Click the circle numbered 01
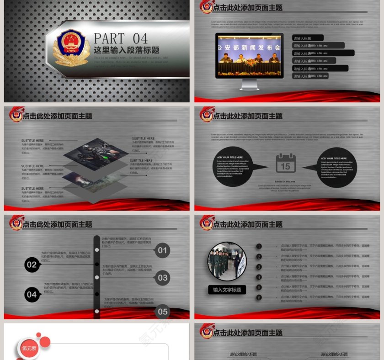163,250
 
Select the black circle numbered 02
32,265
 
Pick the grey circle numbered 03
163,277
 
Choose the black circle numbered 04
32,295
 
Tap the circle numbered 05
163,312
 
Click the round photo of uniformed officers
227,262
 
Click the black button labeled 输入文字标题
227,290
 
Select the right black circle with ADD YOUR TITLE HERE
336,167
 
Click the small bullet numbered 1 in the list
259,247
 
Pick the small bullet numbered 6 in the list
259,297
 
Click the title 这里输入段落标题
126,50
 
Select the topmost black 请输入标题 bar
308,38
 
